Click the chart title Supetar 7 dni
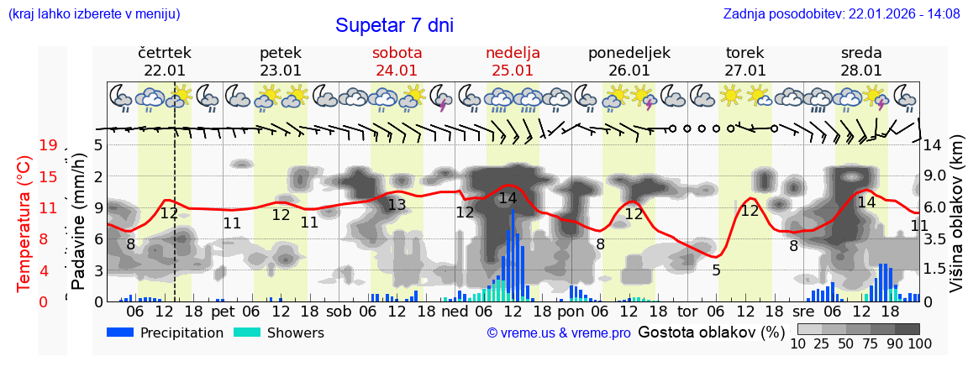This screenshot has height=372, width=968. coord(394,25)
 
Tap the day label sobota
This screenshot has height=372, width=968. coord(397,53)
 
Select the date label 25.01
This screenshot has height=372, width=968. coord(513,71)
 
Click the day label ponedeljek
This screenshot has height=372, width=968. coord(629,53)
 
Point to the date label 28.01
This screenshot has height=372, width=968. coord(861,71)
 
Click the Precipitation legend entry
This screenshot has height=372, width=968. coord(166,333)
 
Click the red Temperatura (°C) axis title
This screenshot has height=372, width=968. coord(24,223)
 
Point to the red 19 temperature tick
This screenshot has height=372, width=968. coord(48,145)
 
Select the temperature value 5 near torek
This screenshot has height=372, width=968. coord(716,270)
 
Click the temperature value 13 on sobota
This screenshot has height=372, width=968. coord(397,204)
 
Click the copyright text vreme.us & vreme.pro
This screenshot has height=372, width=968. coord(559,333)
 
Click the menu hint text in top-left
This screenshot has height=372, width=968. coord(93,14)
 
